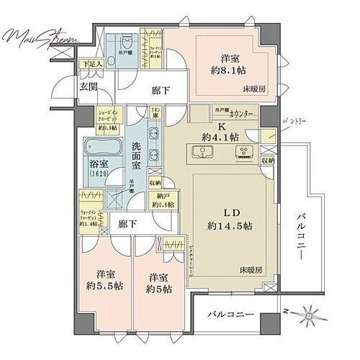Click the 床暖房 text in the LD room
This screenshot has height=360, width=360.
[x=251, y=269]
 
